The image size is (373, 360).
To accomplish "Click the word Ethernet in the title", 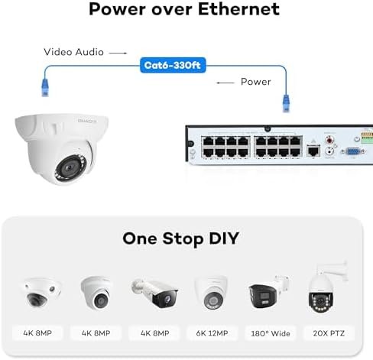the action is coord(238,9).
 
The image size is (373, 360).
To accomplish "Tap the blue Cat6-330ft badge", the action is coord(173,65).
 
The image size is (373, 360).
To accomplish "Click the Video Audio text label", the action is coord(73,52).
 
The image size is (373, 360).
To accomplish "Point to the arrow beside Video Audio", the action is coord(118,53).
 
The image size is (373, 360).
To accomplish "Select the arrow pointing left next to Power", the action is coord(225,83).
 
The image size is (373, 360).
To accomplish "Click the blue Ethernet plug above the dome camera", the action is coord(45,87).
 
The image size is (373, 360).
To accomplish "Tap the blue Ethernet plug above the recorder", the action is coord(286,103).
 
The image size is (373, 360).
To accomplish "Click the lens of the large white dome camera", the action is coord(70,167).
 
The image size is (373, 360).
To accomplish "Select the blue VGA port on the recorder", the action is coord(352,151).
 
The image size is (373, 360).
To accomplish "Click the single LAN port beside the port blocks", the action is coord(313,151).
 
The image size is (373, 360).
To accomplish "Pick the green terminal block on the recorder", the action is coord(367,138).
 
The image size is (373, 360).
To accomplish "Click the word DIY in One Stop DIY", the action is coord(223,238).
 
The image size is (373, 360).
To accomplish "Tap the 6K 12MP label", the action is coord(212,333).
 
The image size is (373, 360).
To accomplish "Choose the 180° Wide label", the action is coord(271,333).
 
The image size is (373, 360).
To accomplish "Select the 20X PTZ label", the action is coord(329,333).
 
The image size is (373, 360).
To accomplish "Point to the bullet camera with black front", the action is coord(154,293).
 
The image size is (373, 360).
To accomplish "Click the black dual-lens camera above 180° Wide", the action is coord(268,293).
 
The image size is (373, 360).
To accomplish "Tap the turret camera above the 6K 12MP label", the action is coord(212,292).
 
